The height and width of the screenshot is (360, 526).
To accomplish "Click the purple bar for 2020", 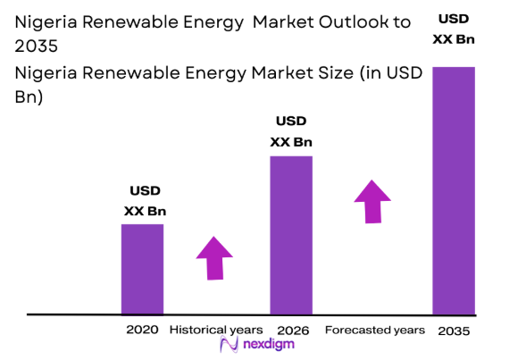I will (143, 269).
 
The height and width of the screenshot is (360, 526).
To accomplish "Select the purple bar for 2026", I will (291, 235).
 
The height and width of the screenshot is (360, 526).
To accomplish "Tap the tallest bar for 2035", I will (453, 191).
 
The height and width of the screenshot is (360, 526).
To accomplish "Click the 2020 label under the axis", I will (143, 330).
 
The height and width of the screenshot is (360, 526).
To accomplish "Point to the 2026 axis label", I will (292, 331).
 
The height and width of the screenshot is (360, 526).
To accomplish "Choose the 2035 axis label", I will (454, 331).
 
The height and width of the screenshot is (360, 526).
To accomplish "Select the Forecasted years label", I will (374, 330).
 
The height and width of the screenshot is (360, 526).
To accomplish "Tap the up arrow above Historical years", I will (214, 258).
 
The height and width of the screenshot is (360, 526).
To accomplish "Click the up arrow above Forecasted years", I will (372, 201).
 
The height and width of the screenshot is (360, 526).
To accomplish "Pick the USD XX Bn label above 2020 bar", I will (145, 201).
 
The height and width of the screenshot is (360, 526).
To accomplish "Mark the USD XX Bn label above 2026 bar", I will (291, 131).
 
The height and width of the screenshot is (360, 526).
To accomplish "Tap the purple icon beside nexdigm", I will (227, 346).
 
